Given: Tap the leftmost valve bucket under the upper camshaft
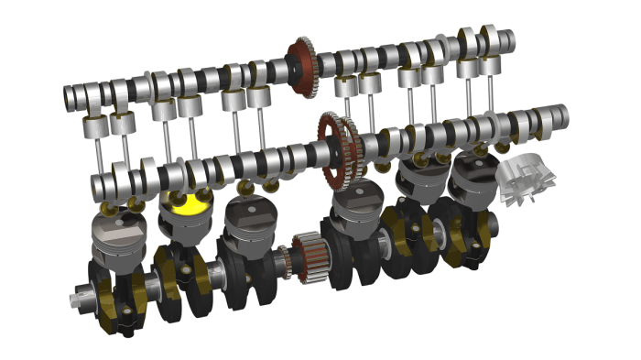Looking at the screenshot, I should coord(94,129).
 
